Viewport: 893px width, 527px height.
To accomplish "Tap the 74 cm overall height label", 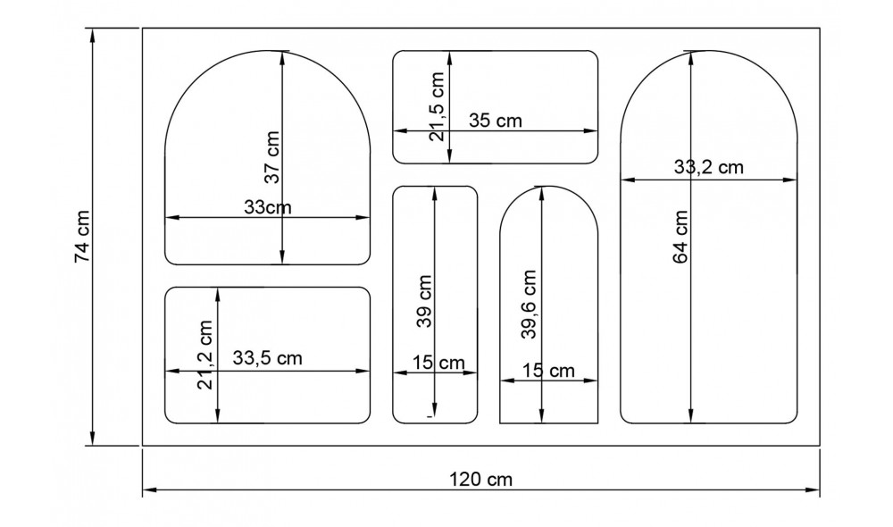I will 82,237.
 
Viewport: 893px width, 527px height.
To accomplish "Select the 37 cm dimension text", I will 272,157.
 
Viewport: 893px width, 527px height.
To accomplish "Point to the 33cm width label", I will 268,207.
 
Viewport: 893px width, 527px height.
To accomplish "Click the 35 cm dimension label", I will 496,121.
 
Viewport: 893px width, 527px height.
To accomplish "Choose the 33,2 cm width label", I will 708,166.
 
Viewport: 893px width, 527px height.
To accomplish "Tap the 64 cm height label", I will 680,236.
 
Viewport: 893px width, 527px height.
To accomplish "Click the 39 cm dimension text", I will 425,301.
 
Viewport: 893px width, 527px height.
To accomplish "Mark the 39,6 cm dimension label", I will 529,305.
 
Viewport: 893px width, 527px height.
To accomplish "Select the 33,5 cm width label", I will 267,358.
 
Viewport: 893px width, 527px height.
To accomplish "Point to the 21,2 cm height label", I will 206,355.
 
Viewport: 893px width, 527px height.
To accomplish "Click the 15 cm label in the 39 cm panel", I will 438,363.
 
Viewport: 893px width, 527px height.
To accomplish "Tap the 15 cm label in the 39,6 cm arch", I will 548,370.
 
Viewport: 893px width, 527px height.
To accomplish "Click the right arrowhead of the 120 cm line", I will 817,490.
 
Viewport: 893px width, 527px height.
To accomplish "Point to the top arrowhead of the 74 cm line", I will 93,32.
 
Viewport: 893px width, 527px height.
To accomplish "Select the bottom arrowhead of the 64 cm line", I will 691,418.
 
